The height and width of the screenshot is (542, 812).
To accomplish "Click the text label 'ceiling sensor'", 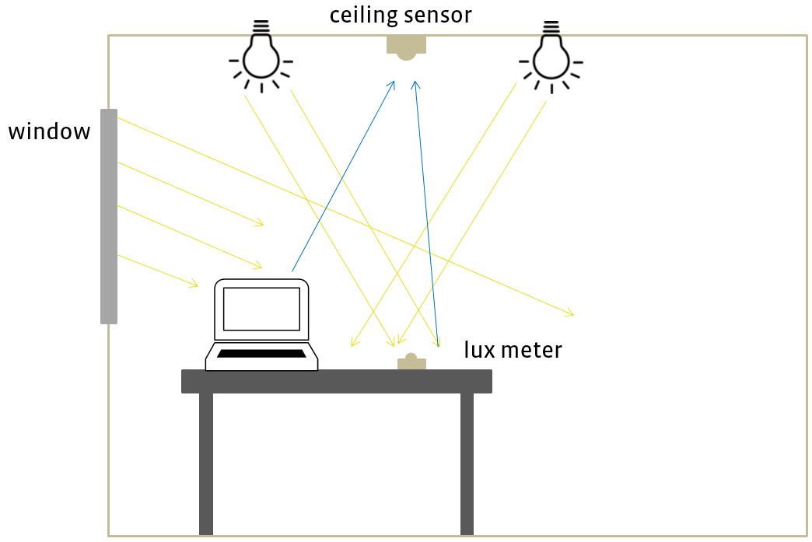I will [x=400, y=15].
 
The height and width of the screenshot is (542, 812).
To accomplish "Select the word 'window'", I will [x=49, y=131].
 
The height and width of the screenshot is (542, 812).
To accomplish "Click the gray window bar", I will [x=109, y=216].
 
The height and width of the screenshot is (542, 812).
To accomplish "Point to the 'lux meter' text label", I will [x=513, y=350].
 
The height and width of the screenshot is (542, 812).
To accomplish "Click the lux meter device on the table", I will [x=411, y=362].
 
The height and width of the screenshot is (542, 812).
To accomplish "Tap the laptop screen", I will [x=261, y=309].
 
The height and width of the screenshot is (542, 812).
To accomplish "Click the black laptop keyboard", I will [x=261, y=354].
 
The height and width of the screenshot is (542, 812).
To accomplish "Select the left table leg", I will [x=206, y=463].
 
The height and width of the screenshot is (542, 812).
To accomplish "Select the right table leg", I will [x=467, y=463].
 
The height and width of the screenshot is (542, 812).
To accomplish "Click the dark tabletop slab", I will [x=336, y=381].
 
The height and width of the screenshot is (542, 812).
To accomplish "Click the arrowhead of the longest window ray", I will [x=570, y=313].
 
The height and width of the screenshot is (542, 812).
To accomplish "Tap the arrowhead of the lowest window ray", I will [x=194, y=285].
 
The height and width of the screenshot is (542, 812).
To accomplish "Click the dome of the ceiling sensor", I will [x=406, y=55].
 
